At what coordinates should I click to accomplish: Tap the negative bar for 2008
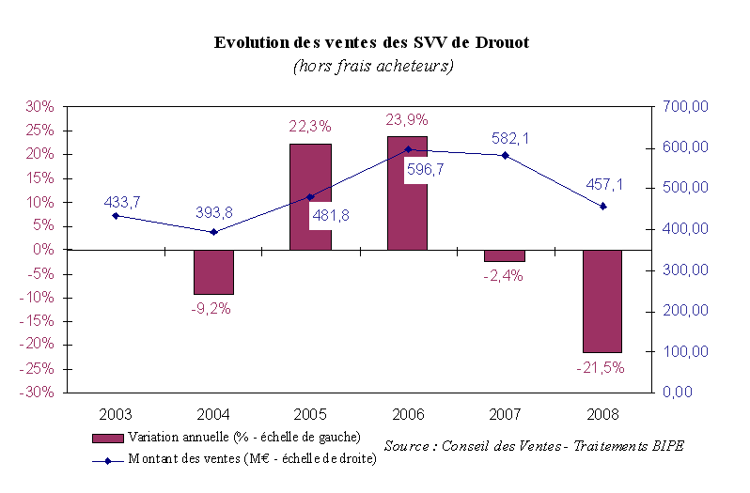602,300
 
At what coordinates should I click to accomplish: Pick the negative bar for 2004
213,271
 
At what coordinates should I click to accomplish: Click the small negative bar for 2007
505,255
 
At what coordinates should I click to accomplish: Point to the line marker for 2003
116,216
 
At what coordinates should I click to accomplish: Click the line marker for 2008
602,207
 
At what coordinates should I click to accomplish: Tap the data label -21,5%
600,367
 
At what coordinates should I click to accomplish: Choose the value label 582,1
510,138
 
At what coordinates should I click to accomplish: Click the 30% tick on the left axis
39,107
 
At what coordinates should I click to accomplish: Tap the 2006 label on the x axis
407,413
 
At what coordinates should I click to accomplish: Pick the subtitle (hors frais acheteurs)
373,66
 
